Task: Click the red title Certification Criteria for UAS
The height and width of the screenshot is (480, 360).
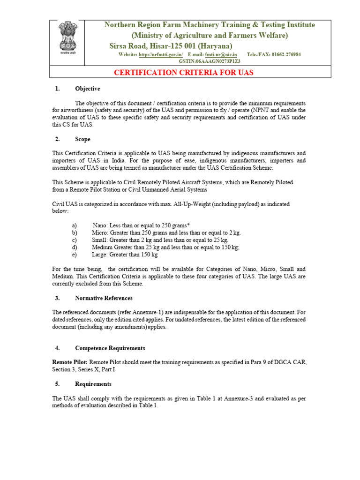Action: coord(184,73)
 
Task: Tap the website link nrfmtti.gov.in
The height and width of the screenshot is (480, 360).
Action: coord(161,55)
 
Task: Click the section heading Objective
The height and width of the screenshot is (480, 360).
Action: coord(87,89)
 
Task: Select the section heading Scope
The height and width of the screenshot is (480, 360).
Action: coord(82,139)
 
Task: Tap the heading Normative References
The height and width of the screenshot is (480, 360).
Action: coord(104,298)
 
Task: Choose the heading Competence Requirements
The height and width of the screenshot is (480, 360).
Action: coord(110,348)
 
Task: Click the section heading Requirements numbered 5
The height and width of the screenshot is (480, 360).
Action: coord(93,384)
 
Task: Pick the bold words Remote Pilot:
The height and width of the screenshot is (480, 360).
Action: coord(70,363)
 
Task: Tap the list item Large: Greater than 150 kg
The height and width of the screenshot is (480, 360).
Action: coord(125,255)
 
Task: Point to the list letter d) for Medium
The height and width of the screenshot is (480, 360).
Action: coord(74,247)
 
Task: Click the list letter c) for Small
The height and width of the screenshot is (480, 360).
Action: coord(74,240)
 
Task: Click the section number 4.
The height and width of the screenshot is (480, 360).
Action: coord(57,348)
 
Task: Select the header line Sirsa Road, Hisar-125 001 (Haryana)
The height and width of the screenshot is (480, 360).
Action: coord(171,45)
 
